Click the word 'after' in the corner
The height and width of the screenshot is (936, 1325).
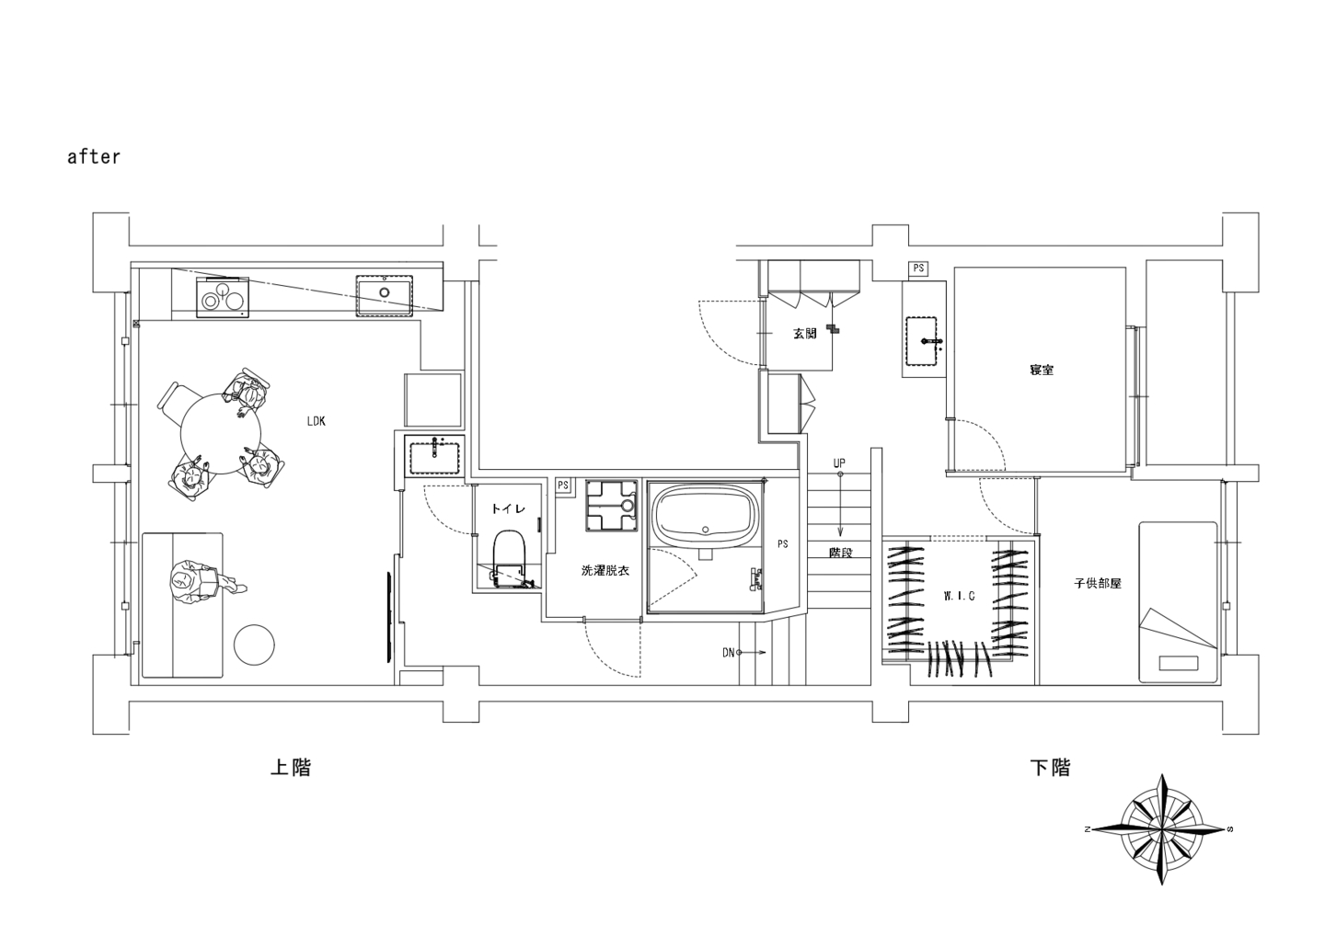pyautogui.click(x=94, y=156)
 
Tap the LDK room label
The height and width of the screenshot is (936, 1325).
pyautogui.click(x=316, y=421)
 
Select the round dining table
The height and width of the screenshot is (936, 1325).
pyautogui.click(x=220, y=434)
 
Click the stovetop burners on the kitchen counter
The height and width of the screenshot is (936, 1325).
pyautogui.click(x=223, y=297)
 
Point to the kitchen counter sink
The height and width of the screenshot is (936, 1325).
pyautogui.click(x=384, y=295)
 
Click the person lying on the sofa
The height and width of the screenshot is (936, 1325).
pyautogui.click(x=204, y=581)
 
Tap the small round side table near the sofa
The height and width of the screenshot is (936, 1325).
pyautogui.click(x=254, y=645)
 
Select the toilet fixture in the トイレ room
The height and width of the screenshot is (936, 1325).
pyautogui.click(x=510, y=559)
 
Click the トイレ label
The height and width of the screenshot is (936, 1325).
pyautogui.click(x=508, y=508)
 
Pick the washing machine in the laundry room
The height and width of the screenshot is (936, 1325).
pyautogui.click(x=612, y=505)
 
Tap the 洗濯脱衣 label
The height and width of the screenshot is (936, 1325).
pyautogui.click(x=605, y=570)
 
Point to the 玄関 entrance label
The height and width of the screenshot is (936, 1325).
pyautogui.click(x=804, y=333)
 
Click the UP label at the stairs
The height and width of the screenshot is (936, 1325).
pyautogui.click(x=839, y=463)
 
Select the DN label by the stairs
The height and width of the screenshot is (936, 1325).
pyautogui.click(x=728, y=653)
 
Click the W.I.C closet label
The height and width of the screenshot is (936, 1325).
pyautogui.click(x=959, y=596)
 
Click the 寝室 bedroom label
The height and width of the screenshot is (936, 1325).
pyautogui.click(x=1041, y=371)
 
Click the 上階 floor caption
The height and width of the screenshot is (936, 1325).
pyautogui.click(x=291, y=768)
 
